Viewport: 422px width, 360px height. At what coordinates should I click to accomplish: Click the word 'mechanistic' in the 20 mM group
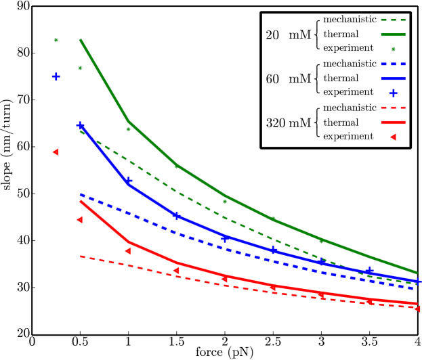click(350, 20)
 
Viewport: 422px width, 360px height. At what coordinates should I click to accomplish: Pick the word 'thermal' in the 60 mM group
click(341, 78)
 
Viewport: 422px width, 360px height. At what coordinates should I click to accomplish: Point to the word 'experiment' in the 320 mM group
click(348, 137)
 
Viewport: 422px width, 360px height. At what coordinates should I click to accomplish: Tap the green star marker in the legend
click(393, 49)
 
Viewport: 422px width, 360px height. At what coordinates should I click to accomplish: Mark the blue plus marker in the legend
click(393, 93)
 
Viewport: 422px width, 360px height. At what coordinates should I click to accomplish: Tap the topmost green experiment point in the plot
click(56, 40)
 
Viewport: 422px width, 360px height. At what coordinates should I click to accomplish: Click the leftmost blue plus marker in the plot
click(56, 76)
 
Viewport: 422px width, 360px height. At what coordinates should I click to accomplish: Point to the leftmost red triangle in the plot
click(56, 152)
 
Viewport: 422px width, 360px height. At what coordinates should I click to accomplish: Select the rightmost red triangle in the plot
click(417, 309)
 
